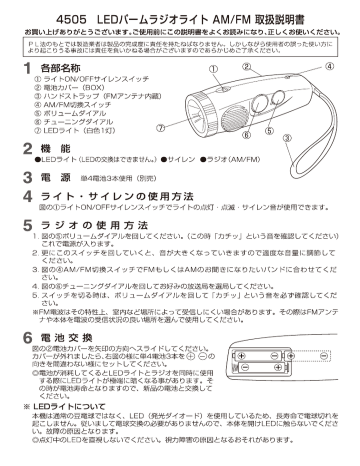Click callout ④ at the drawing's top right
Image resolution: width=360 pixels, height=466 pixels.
click(329, 64)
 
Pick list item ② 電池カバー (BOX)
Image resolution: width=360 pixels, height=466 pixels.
click(68, 85)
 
